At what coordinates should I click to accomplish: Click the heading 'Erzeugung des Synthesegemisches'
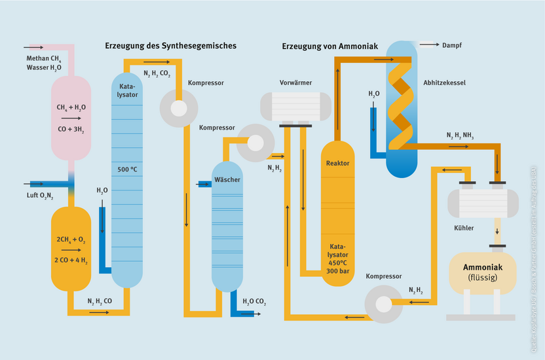[170, 46]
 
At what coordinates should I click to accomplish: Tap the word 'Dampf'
[452, 45]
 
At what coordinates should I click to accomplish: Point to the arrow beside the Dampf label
[429, 45]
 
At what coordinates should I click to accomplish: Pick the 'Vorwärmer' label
[295, 83]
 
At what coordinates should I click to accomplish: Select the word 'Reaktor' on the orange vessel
[337, 163]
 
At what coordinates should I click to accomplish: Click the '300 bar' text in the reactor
[337, 270]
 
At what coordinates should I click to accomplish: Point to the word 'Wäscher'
[227, 179]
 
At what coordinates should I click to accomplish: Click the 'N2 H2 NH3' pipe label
[460, 136]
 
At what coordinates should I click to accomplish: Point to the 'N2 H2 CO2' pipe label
[157, 75]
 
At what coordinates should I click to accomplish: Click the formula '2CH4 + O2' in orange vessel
[70, 240]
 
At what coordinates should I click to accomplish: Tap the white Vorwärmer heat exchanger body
[295, 105]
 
